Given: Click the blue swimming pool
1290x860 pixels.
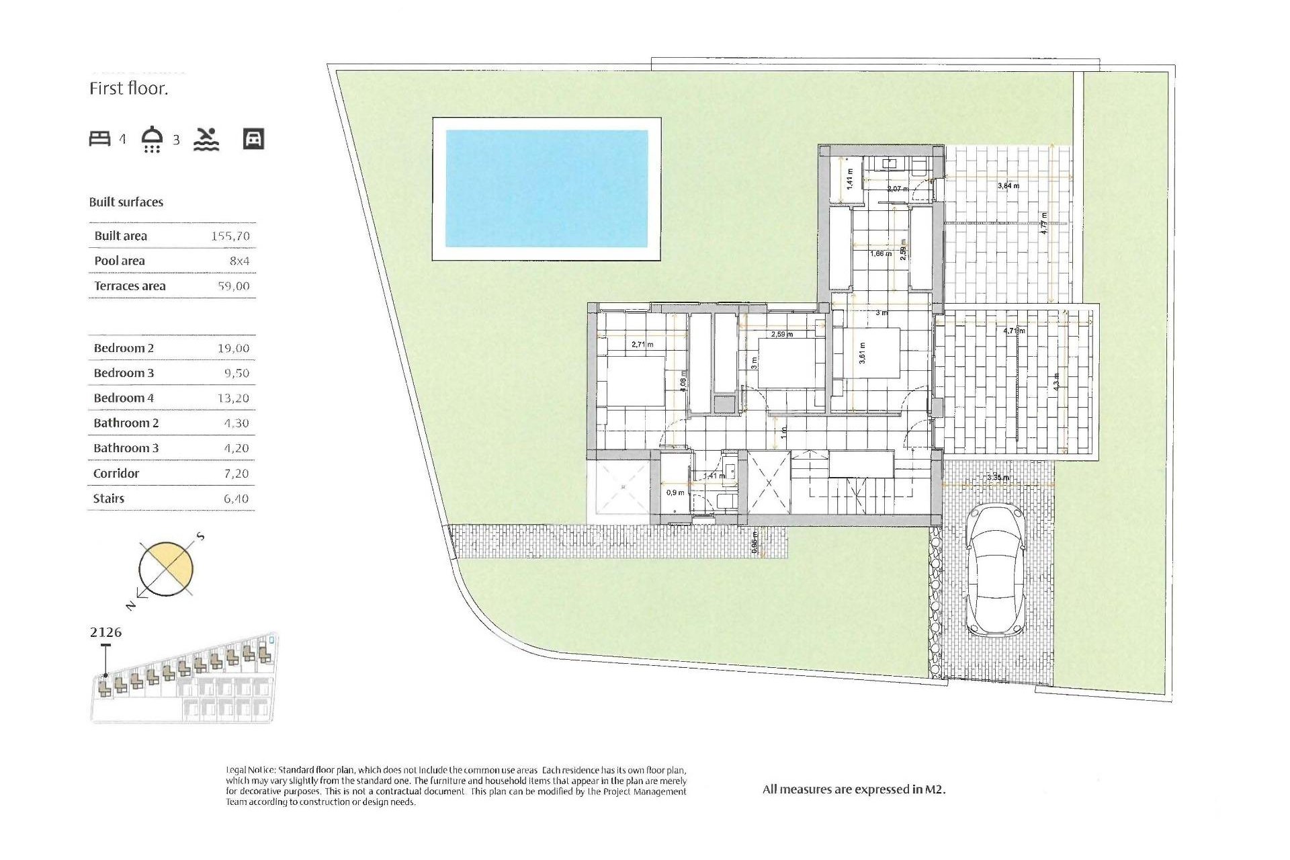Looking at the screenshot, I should [547, 189].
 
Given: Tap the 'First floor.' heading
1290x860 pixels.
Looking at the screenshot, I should [128, 89].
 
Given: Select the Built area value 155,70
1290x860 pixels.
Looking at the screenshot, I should [230, 236].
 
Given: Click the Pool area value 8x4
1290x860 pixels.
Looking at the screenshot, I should [239, 261].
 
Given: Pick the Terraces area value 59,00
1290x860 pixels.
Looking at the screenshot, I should [233, 286].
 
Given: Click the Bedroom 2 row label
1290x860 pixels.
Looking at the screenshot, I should [124, 348].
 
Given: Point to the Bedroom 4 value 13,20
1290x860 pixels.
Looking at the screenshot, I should [232, 398].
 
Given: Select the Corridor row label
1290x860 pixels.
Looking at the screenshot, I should [116, 474].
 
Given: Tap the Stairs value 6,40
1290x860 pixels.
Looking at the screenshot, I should [236, 499].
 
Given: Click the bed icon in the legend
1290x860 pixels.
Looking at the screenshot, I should [99, 139].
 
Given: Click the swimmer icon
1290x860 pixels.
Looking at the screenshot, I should [206, 139].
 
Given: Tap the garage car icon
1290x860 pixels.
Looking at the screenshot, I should [253, 139].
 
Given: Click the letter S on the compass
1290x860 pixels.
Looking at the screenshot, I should [200, 537].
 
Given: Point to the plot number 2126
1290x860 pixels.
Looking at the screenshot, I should [105, 632].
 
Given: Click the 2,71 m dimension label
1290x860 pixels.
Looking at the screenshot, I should [642, 345].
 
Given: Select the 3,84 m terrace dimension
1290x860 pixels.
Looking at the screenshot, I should [1008, 185].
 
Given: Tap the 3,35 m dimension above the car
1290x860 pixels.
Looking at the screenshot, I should [998, 478].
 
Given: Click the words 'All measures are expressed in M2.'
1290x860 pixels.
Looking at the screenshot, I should [853, 789].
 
